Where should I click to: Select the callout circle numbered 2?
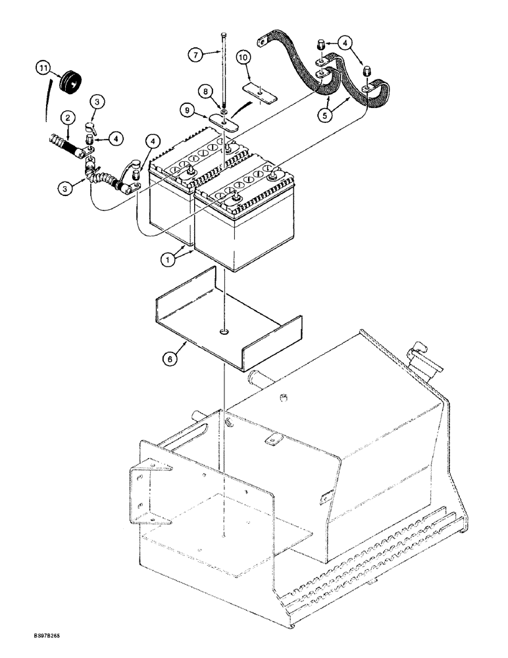pos(67,118)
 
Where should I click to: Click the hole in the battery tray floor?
pos(225,332)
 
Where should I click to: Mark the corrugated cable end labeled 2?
pos(66,143)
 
